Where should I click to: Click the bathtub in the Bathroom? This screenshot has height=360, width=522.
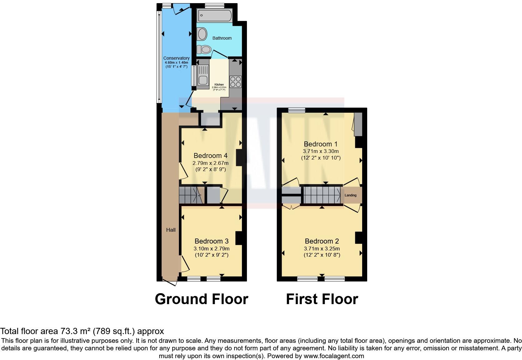pyautogui.click(x=215, y=15)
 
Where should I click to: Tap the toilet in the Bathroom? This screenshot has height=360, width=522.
pyautogui.click(x=204, y=49)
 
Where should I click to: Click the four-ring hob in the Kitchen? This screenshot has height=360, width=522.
pyautogui.click(x=235, y=81)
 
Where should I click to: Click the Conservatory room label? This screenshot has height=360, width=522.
pyautogui.click(x=176, y=58)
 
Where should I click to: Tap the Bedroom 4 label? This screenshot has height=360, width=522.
pyautogui.click(x=210, y=155)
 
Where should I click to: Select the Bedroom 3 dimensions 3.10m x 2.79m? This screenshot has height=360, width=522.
pyautogui.click(x=211, y=249)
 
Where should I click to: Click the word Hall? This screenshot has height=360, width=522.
pyautogui.click(x=171, y=230)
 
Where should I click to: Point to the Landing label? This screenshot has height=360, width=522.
pyautogui.click(x=350, y=195)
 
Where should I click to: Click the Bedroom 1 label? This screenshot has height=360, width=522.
pyautogui.click(x=321, y=144)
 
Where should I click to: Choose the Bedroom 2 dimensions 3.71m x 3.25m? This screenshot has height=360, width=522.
pyautogui.click(x=322, y=249)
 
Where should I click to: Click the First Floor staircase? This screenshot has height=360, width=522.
pyautogui.click(x=322, y=195)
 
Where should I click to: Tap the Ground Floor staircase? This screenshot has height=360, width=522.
pyautogui.click(x=191, y=195)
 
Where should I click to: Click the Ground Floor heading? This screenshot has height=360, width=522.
pyautogui.click(x=201, y=299)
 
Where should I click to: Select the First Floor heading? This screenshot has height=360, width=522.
pyautogui.click(x=322, y=299)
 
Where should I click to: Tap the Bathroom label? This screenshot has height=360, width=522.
pyautogui.click(x=222, y=38)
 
